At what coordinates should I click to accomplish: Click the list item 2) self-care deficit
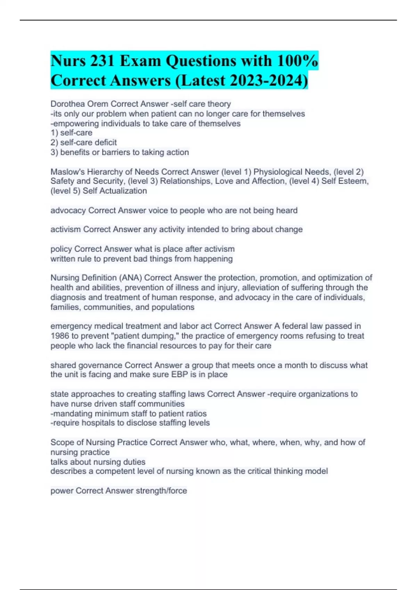(x=84, y=142)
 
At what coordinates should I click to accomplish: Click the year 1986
(x=60, y=336)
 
